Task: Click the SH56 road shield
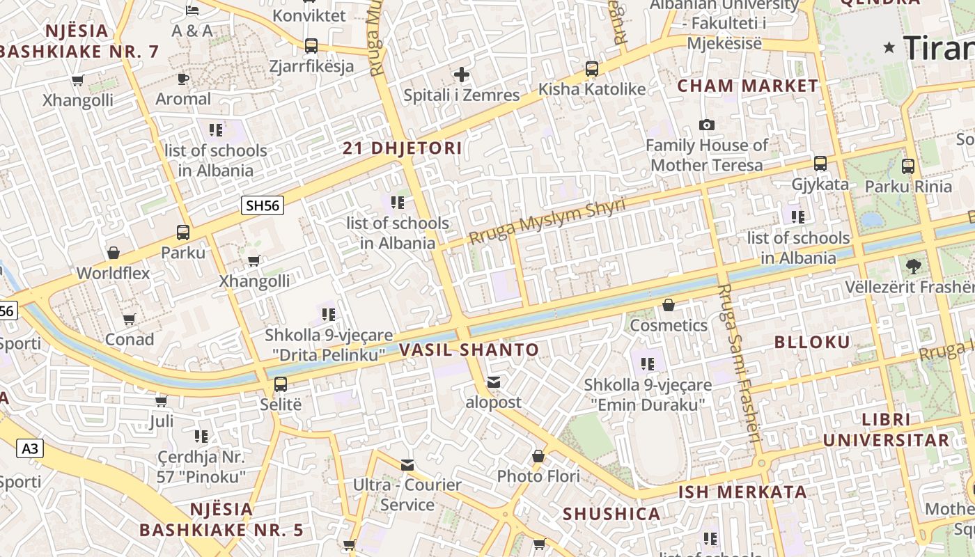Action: (x=263, y=205)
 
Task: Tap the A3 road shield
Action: (x=30, y=448)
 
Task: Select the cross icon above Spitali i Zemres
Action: (x=461, y=74)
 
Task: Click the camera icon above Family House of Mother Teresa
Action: (x=707, y=125)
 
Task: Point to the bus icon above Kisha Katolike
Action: (x=591, y=68)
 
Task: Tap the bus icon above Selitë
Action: (x=281, y=384)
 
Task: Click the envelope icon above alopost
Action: (x=494, y=382)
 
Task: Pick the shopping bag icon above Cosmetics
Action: (x=669, y=305)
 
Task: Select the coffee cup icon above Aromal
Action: (x=183, y=79)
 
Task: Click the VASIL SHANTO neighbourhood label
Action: (x=469, y=350)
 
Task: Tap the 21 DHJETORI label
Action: (x=403, y=148)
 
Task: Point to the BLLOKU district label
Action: (x=812, y=342)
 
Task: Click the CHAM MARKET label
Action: (x=748, y=86)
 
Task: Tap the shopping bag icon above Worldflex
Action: (x=114, y=252)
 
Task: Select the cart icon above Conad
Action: (x=129, y=320)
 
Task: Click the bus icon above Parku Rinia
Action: (x=907, y=166)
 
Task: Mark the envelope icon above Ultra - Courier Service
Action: (x=407, y=464)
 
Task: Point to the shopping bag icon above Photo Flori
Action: (x=538, y=457)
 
